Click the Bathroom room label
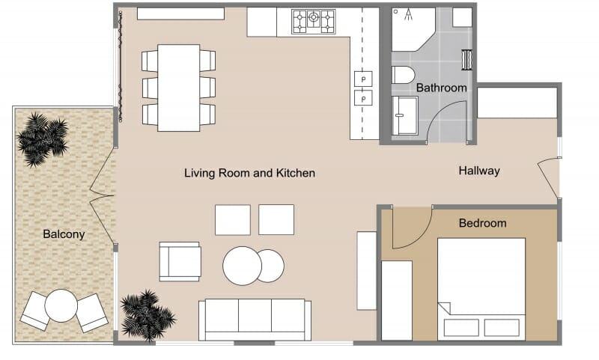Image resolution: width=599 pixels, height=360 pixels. [x=441, y=88]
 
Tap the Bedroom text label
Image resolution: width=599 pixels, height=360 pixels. [x=482, y=223]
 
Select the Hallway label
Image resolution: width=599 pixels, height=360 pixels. [x=478, y=171]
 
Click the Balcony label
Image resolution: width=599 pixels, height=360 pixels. [x=64, y=234]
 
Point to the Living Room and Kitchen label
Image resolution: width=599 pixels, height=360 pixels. [x=249, y=173]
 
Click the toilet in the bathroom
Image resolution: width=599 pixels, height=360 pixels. [x=403, y=75]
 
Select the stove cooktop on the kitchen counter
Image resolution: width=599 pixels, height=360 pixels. [x=314, y=21]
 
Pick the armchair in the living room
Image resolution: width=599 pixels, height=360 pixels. [x=180, y=261]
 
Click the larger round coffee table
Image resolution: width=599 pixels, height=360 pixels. [x=242, y=266]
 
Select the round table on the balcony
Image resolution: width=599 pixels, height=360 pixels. [x=61, y=305]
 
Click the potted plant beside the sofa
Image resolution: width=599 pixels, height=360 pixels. [x=147, y=314]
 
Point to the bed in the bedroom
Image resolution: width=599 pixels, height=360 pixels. [x=481, y=288]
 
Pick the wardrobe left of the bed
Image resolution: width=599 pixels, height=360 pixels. [x=397, y=300]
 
